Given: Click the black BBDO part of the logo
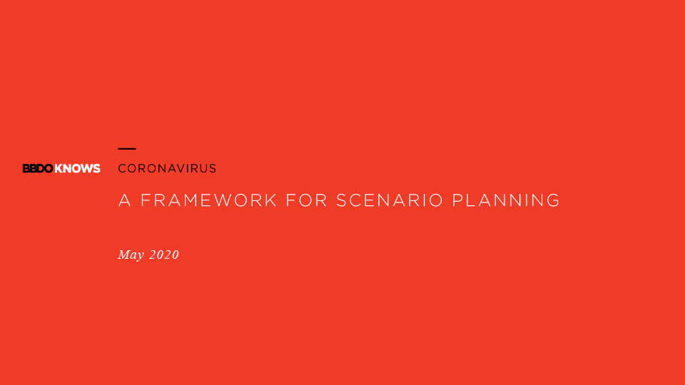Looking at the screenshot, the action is [x=38, y=168].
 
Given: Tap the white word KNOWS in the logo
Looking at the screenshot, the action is [x=77, y=168].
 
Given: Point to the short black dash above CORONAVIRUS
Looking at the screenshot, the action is [x=127, y=149].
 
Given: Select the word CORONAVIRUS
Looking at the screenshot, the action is [x=167, y=168].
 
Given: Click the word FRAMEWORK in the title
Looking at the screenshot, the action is [x=209, y=200].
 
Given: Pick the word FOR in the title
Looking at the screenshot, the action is [x=306, y=200].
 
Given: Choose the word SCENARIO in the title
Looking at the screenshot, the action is [x=390, y=200].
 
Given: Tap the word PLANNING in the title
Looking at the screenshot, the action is [x=506, y=200].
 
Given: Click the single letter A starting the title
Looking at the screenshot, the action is [x=124, y=200].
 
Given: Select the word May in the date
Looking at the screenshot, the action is [x=131, y=255].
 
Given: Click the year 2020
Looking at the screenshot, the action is [x=164, y=255].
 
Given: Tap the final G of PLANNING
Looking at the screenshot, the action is [x=553, y=200].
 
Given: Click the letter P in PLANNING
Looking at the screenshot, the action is [x=457, y=200].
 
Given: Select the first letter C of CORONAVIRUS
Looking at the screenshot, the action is [x=122, y=168].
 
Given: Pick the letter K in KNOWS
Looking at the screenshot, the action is [x=59, y=168].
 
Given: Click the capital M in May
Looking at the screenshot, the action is [x=123, y=254].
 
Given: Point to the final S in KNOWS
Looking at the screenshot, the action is [x=96, y=168].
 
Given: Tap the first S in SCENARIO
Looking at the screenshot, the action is [x=341, y=200].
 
